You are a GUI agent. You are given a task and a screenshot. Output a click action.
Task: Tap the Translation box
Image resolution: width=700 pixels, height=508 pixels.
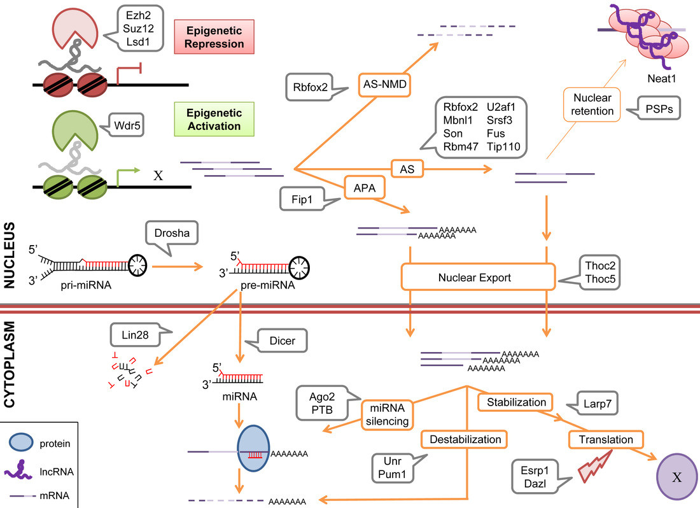pos(606,439)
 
